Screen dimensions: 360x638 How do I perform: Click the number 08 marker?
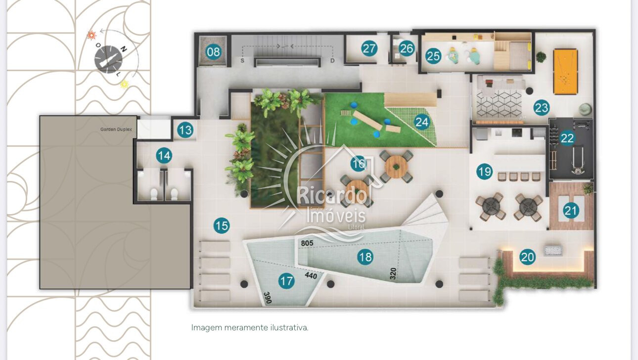(213, 51)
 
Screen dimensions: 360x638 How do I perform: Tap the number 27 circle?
(369, 48)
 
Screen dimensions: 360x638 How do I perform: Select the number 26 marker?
(407, 48)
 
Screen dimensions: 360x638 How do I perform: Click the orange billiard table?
(566, 71)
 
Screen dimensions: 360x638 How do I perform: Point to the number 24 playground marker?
(422, 122)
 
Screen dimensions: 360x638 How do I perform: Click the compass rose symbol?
(108, 59)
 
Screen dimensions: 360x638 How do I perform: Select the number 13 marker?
(185, 131)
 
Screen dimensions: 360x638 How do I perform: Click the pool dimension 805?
(308, 243)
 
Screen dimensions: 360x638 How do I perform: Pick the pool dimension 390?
(267, 298)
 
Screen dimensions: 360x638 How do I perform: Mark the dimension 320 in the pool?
(393, 274)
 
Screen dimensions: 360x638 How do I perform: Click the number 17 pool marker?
(286, 281)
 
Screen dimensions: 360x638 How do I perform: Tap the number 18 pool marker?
(365, 257)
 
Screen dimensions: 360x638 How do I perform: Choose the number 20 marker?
(528, 257)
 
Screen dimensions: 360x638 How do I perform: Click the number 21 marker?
(571, 211)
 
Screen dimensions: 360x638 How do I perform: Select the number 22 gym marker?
(567, 138)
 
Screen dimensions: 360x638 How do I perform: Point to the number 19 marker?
(485, 172)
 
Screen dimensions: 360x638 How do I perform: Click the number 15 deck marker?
(222, 226)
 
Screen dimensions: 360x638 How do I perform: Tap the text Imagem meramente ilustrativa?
(250, 327)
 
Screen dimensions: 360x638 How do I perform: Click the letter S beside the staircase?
(243, 61)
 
